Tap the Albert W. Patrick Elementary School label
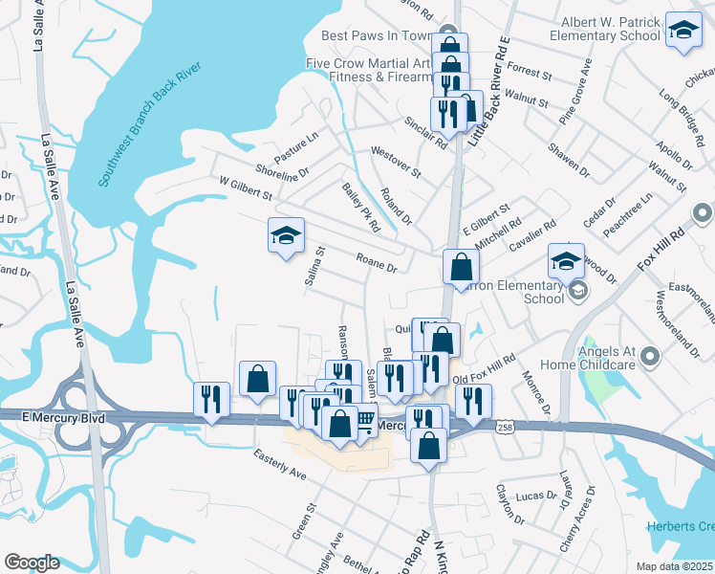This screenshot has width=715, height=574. pyautogui.click(x=606, y=29)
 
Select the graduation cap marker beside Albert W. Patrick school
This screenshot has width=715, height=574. pyautogui.click(x=683, y=29)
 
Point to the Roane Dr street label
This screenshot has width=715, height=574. pyautogui.click(x=376, y=262)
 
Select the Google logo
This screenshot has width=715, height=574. pyautogui.click(x=32, y=563)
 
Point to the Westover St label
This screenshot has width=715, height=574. pyautogui.click(x=396, y=161)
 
